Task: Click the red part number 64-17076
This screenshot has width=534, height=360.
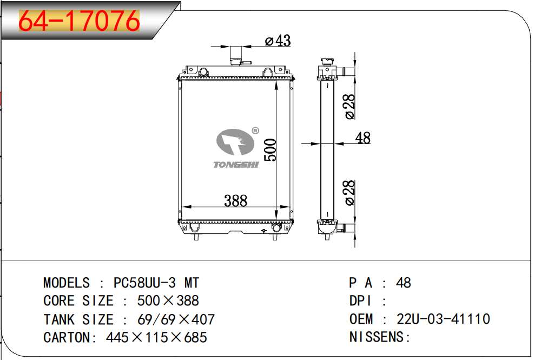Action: pyautogui.click(x=79, y=21)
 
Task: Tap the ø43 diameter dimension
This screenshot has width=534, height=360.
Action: pyautogui.click(x=278, y=41)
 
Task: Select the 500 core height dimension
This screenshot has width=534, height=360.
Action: pyautogui.click(x=271, y=149)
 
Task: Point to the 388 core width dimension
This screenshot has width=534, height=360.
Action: pyautogui.click(x=236, y=200)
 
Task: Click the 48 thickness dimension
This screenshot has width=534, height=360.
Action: pyautogui.click(x=362, y=138)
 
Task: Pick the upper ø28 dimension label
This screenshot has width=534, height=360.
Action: pyautogui.click(x=350, y=107)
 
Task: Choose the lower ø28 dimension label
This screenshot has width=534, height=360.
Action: pyautogui.click(x=350, y=193)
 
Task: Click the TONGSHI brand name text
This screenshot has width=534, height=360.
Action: pyautogui.click(x=236, y=165)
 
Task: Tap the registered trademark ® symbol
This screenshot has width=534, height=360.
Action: pyautogui.click(x=255, y=130)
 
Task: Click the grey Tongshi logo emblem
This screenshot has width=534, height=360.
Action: pyautogui.click(x=235, y=142)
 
